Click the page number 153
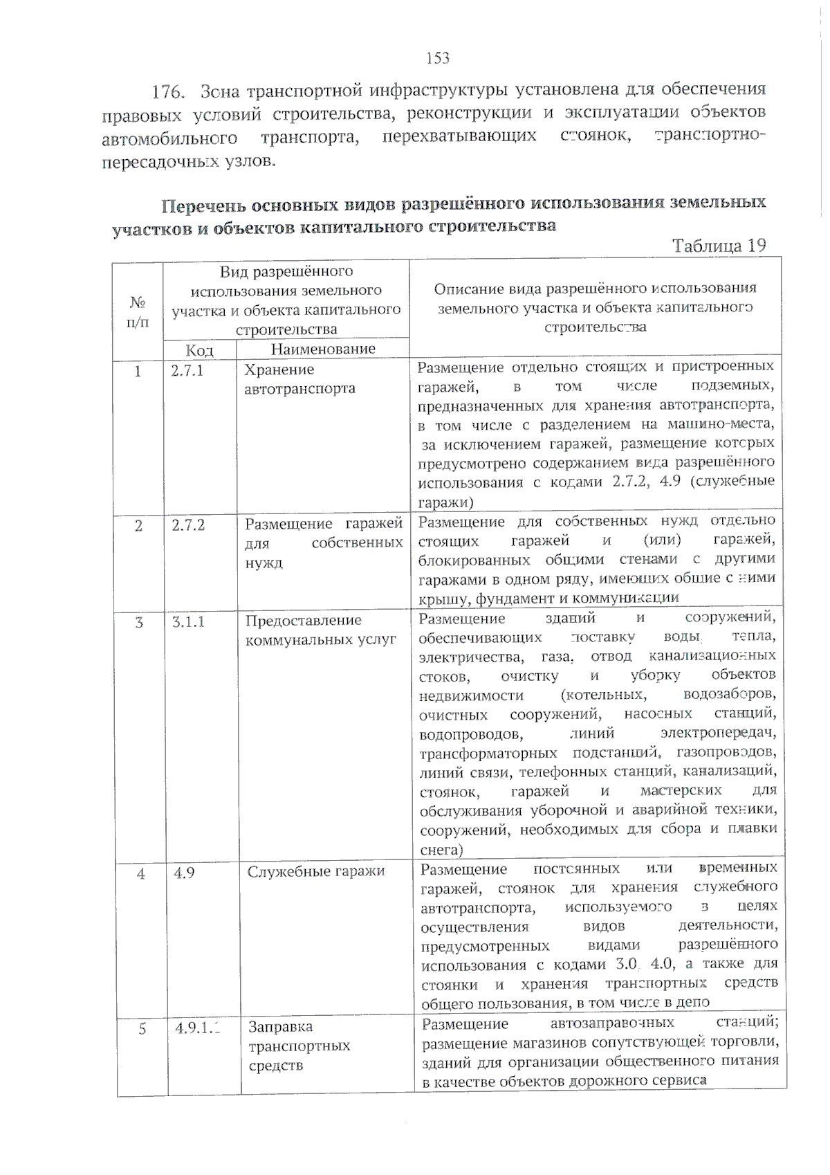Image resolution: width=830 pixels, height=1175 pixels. point(439,58)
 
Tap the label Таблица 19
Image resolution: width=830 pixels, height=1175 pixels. point(719,246)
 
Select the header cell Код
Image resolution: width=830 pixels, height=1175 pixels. point(199,350)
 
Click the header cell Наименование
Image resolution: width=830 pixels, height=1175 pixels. point(323,349)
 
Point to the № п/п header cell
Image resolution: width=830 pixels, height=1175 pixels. point(138,312)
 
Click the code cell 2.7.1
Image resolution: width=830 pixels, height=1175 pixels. point(187,370)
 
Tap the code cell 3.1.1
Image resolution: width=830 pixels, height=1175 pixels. point(189,621)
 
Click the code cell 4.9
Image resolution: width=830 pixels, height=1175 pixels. point(184,873)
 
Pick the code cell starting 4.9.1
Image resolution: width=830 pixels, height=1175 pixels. point(196,1028)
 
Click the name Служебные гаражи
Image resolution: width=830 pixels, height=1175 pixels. point(315,871)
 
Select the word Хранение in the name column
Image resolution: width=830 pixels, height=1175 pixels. point(279,370)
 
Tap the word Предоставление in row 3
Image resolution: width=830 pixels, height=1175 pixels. point(304,620)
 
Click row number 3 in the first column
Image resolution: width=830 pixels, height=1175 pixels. point(140,622)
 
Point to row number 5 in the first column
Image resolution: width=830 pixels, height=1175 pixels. point(142,1029)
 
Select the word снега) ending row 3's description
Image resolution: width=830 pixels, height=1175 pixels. point(441,849)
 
